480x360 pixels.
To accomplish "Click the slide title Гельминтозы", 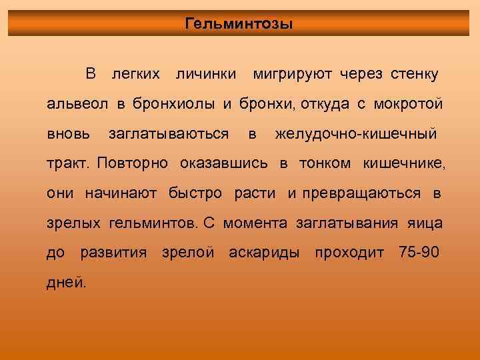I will point(239,25).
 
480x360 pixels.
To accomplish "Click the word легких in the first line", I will point(136,73).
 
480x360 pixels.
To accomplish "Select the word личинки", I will point(205,73).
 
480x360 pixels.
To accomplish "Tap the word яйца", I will point(424,223).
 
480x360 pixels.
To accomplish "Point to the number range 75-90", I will point(418,253).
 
